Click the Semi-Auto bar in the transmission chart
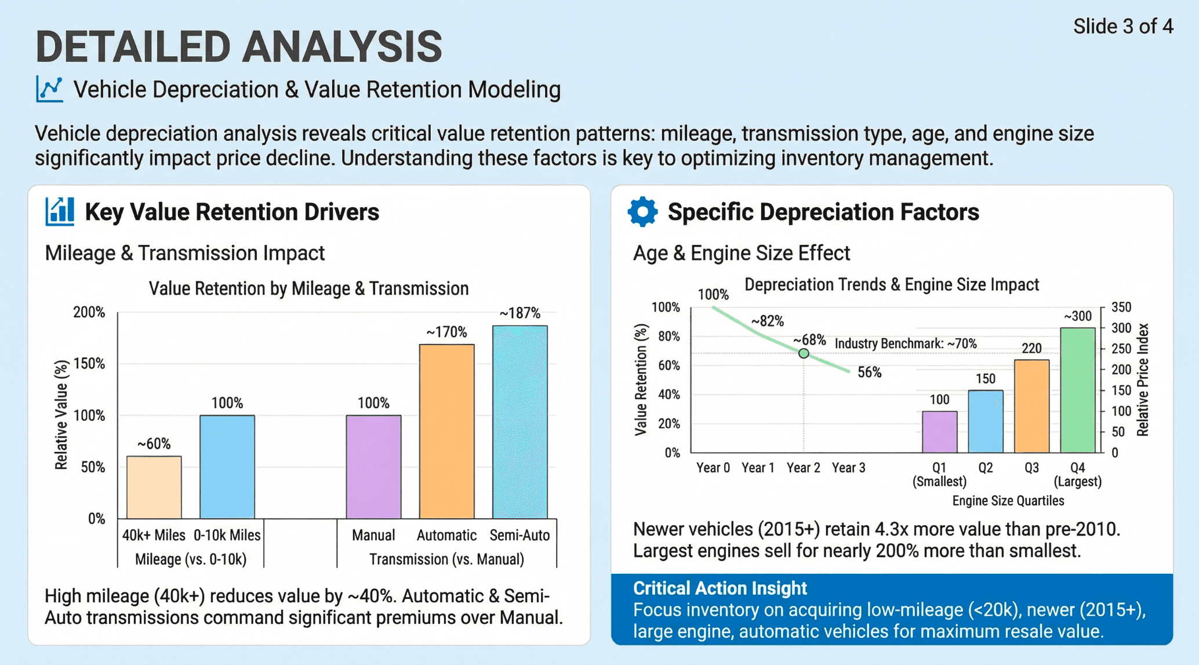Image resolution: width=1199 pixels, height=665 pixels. pyautogui.click(x=519, y=422)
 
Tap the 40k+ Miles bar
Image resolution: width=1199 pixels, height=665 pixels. pyautogui.click(x=154, y=487)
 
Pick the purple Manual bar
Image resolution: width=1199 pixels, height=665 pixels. pyautogui.click(x=373, y=467)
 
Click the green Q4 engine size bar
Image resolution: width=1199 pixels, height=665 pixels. pyautogui.click(x=1077, y=390)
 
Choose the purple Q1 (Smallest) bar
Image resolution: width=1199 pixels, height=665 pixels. pyautogui.click(x=939, y=432)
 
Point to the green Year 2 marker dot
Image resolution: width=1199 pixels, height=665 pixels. pyautogui.click(x=804, y=353)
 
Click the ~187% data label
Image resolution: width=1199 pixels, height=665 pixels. pyautogui.click(x=519, y=313)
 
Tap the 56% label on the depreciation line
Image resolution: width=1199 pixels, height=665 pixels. pyautogui.click(x=869, y=373)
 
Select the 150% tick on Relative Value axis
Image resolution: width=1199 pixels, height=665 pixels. pyautogui.click(x=89, y=364)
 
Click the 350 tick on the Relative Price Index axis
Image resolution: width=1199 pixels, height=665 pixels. pyautogui.click(x=1121, y=307)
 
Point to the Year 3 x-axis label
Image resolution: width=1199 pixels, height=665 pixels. pyautogui.click(x=848, y=468)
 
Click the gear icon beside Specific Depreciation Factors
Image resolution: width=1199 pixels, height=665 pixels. pyautogui.click(x=642, y=212)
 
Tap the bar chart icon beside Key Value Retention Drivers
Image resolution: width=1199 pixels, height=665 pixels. pyautogui.click(x=60, y=211)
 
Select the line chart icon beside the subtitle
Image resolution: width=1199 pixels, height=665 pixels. pyautogui.click(x=49, y=89)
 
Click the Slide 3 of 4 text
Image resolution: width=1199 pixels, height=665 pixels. pyautogui.click(x=1122, y=27)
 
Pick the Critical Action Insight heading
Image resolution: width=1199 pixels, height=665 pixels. pyautogui.click(x=720, y=588)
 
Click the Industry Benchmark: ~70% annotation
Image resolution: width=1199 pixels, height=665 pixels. pyautogui.click(x=905, y=344)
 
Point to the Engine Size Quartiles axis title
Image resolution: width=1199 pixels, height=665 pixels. pyautogui.click(x=1008, y=501)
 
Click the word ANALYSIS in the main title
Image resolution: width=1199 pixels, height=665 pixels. pyautogui.click(x=342, y=46)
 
